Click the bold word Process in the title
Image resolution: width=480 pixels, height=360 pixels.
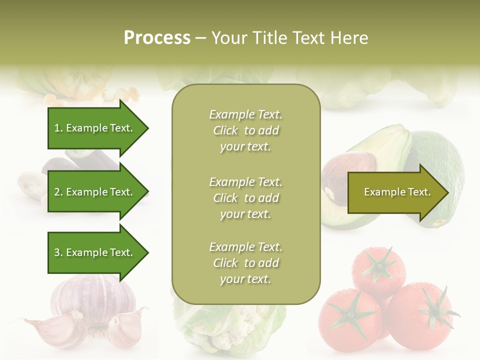pos(157,38)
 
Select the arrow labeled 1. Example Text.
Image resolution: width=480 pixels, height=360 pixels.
pos(95,128)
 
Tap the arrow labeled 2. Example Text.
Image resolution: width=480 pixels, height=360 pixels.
pos(95,192)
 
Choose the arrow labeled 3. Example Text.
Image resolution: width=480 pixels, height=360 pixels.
pos(95,252)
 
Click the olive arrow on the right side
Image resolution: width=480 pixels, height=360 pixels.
pos(395,192)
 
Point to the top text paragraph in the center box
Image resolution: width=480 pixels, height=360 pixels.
pos(245,130)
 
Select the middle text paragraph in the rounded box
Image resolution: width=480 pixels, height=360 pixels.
pos(245,198)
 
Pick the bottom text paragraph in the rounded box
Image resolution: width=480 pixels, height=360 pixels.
pos(245,263)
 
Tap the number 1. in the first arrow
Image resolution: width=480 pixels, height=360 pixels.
pos(58,128)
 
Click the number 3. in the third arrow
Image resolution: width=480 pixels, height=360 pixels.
pos(58,252)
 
